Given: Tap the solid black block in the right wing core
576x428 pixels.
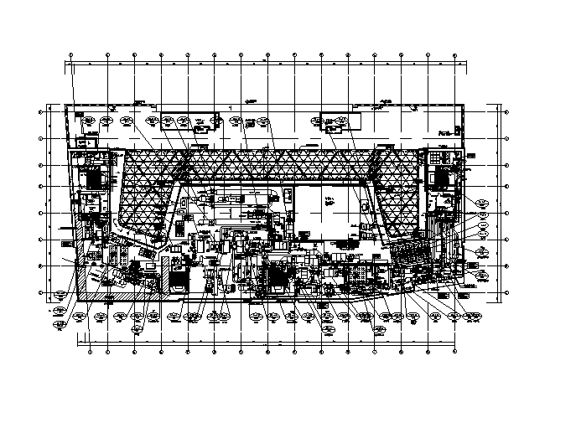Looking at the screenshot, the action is [x=441, y=177].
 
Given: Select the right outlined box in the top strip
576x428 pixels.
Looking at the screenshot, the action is [x=340, y=122].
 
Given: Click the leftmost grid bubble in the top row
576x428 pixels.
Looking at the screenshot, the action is [x=70, y=55].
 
